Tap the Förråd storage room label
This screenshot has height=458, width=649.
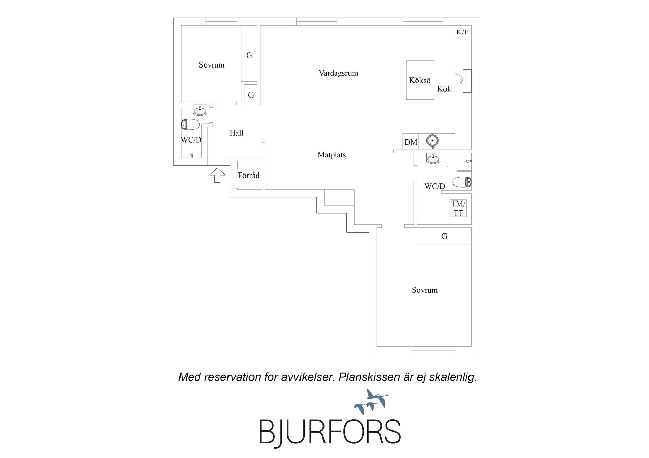(248, 176)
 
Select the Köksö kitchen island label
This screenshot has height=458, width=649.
(420, 80)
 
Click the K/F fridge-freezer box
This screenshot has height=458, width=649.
(463, 32)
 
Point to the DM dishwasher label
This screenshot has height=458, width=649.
(411, 142)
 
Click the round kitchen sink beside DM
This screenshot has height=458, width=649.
(432, 141)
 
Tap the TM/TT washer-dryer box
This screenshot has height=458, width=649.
(458, 208)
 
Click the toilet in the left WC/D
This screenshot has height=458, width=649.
(191, 125)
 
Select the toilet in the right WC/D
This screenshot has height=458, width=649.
(462, 182)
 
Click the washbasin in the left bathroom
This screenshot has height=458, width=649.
(200, 110)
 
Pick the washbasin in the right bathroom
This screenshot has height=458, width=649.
(433, 158)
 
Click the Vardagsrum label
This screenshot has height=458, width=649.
(338, 73)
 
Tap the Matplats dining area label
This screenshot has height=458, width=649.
(332, 155)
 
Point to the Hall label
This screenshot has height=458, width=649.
(236, 133)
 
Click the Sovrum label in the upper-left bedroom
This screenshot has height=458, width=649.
(212, 65)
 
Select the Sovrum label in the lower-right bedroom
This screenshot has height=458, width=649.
(425, 290)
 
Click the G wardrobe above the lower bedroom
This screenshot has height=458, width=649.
(444, 236)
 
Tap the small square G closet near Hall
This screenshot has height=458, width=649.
(251, 95)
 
